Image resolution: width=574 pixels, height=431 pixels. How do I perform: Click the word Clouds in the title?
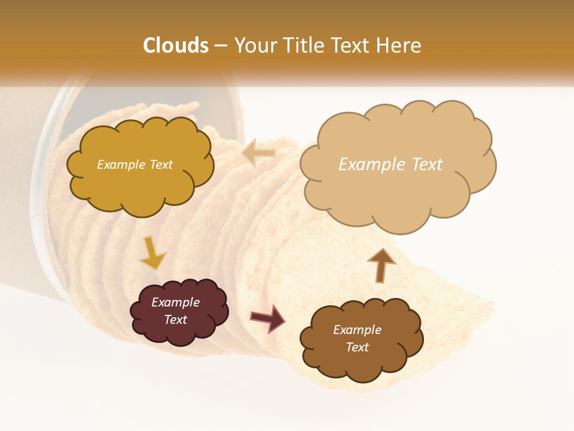[175, 45]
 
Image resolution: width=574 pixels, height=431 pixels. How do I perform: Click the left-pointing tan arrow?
[258, 153]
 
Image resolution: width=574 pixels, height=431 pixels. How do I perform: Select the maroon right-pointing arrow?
[268, 318]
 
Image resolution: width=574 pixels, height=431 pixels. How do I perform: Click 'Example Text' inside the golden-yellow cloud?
[135, 165]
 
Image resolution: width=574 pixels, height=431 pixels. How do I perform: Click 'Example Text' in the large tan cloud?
[390, 165]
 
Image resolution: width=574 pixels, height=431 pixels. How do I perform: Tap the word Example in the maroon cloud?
[175, 302]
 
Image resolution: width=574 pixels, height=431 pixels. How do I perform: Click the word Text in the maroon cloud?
[175, 320]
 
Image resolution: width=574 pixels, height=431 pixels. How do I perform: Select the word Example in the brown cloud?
[357, 330]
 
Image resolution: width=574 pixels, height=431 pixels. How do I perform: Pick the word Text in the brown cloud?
[357, 347]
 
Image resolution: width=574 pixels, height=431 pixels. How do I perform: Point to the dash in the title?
[220, 46]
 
